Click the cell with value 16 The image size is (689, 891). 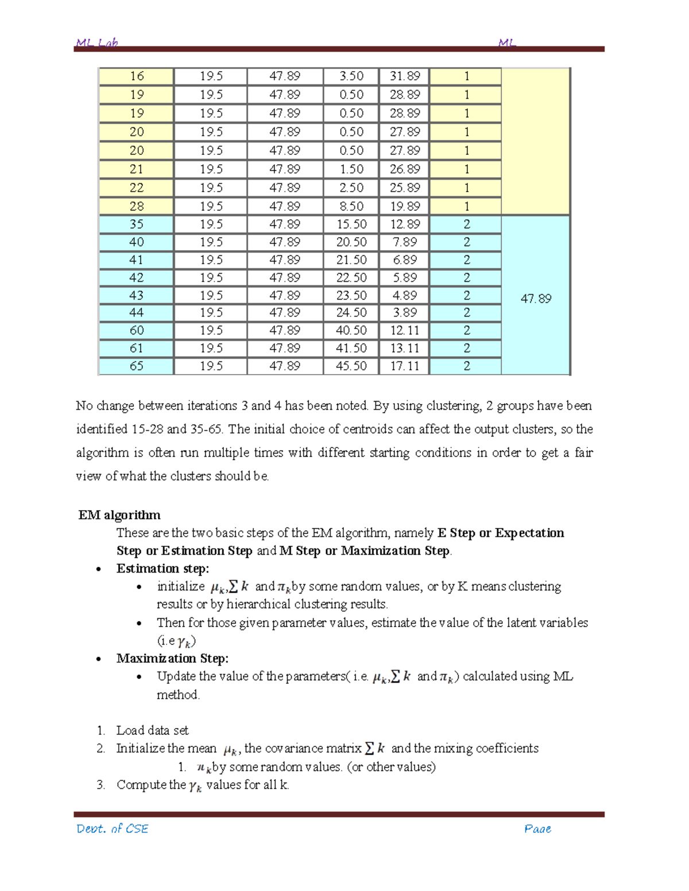tap(137, 76)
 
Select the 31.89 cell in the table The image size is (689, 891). tap(405, 76)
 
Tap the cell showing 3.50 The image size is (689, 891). tap(351, 76)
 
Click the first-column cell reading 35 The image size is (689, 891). tap(137, 224)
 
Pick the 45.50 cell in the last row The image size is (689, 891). tap(351, 366)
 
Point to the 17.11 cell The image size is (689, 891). tap(405, 366)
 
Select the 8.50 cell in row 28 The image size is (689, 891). tap(351, 207)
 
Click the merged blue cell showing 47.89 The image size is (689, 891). tap(536, 298)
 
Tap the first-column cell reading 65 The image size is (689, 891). tap(137, 366)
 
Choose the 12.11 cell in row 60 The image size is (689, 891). tap(405, 330)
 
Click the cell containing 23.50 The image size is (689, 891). tap(351, 295)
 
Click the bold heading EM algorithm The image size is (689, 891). tap(119, 515)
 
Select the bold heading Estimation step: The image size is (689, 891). tap(162, 569)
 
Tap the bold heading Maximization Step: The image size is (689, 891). tap(172, 658)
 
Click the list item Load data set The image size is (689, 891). tap(152, 730)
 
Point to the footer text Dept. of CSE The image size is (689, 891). tap(113, 828)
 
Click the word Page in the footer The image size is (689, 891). tap(537, 828)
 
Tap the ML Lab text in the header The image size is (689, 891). tap(97, 43)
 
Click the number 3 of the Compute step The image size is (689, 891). tap(100, 785)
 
